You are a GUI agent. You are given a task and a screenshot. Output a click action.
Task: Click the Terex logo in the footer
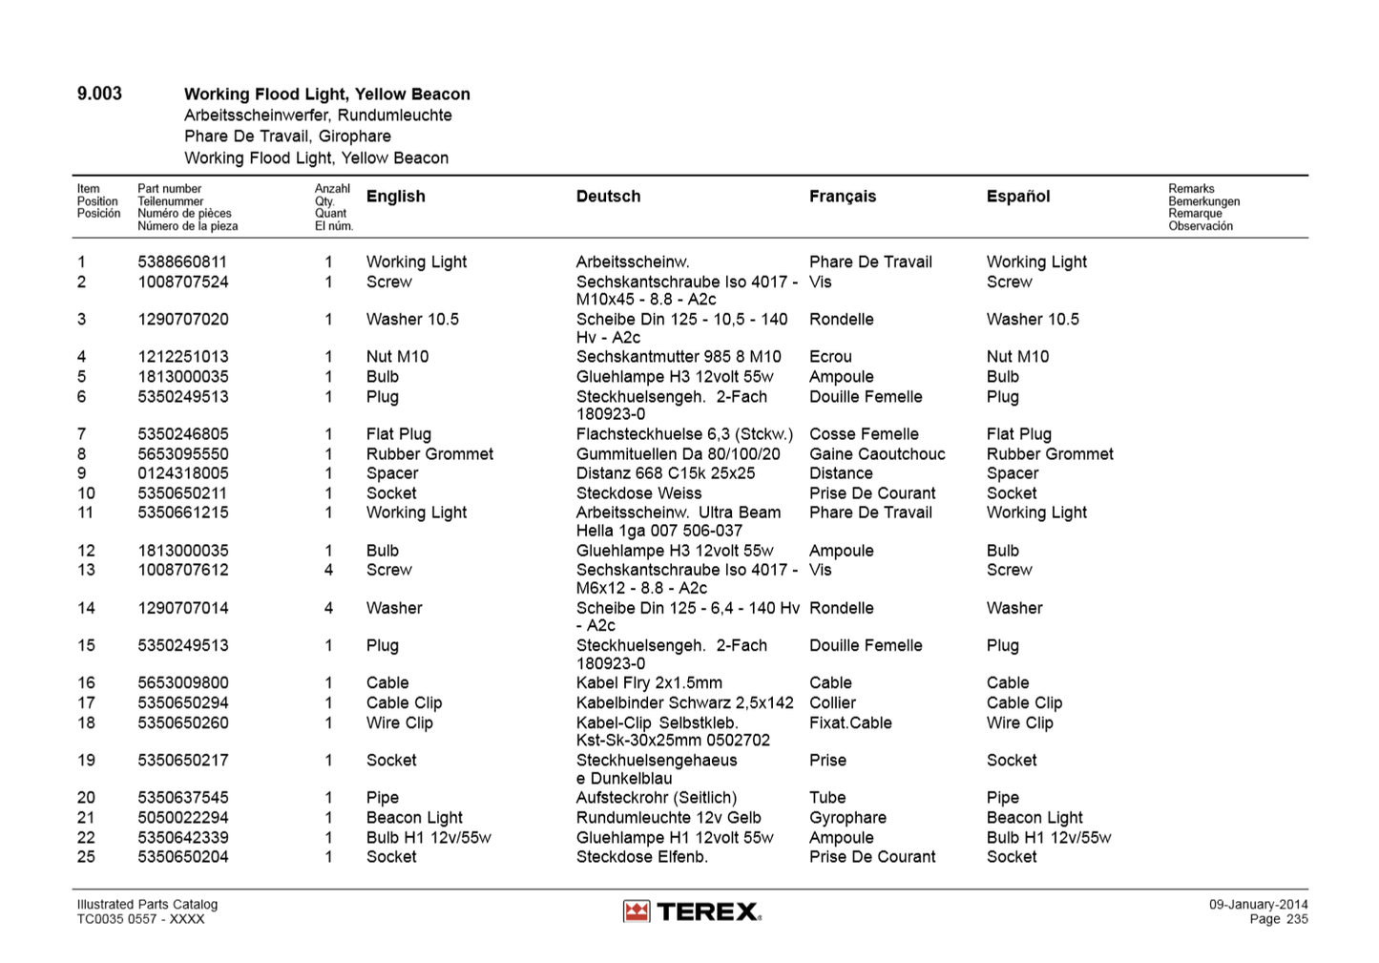click(692, 911)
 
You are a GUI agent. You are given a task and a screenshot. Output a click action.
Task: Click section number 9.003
click(99, 94)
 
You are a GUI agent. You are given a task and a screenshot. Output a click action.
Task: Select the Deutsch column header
click(608, 197)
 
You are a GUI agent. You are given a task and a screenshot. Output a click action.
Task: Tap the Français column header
click(842, 197)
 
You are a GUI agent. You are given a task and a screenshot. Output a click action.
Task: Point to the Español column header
click(1017, 197)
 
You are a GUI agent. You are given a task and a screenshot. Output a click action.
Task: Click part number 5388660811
click(182, 262)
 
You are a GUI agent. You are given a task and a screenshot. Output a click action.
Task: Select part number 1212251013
click(182, 357)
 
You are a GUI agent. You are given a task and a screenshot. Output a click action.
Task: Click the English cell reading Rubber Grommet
click(429, 454)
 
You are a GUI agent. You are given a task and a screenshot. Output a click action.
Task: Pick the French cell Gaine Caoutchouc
click(877, 454)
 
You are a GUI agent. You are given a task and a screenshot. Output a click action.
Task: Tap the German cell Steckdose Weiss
click(638, 493)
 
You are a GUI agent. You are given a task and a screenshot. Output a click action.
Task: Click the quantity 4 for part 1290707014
click(328, 608)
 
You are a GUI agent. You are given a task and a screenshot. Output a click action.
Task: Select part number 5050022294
click(182, 818)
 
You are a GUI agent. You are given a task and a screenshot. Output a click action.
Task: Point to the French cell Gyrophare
click(847, 818)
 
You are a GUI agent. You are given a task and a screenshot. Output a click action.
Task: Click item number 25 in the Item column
click(86, 857)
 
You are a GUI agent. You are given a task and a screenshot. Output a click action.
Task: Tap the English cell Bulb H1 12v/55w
click(428, 838)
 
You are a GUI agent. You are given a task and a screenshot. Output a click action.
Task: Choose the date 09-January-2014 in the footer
click(1258, 905)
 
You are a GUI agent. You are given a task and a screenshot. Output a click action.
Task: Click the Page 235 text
click(1279, 919)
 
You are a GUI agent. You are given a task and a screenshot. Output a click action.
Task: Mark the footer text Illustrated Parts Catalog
click(147, 905)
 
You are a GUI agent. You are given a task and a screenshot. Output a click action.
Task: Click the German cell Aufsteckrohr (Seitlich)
click(656, 798)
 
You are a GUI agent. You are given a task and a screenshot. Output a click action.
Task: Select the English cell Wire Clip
click(399, 723)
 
